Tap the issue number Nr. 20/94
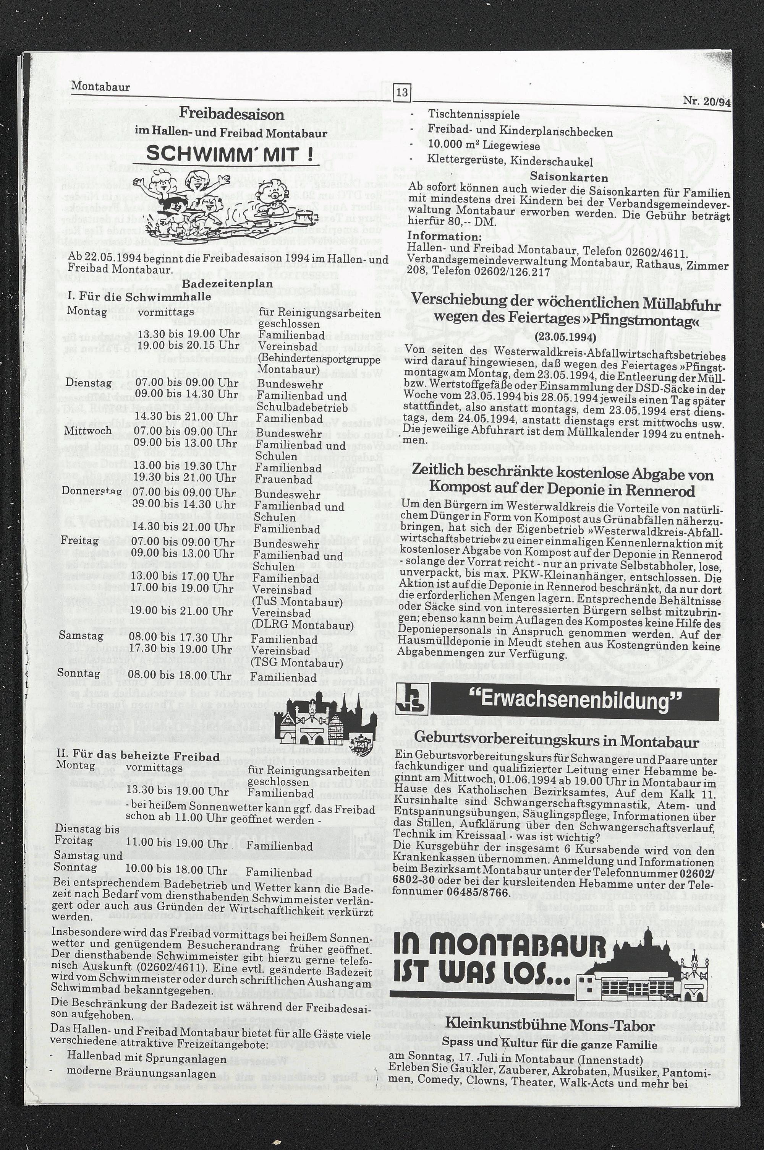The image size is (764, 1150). [706, 101]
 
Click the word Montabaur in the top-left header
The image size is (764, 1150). [100, 87]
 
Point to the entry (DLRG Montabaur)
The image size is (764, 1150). [302, 625]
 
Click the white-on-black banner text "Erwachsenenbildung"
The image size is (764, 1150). [575, 702]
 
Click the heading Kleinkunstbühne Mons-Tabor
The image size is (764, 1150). [549, 1025]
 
